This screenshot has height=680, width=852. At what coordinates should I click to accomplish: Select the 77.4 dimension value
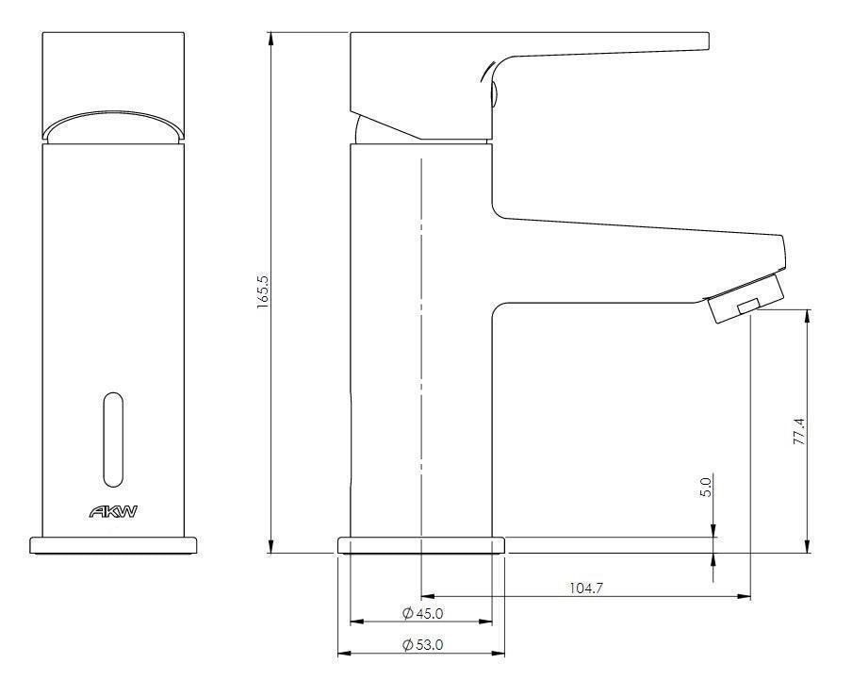799,431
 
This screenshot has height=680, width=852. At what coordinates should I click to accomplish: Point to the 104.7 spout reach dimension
585,588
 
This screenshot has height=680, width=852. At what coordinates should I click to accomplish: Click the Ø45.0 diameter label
421,614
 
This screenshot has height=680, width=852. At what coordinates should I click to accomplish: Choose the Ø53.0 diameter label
421,645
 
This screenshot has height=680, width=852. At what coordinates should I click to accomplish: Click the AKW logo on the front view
114,513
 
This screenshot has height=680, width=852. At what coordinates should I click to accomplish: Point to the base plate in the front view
114,545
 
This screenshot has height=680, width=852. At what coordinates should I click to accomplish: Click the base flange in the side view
421,544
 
